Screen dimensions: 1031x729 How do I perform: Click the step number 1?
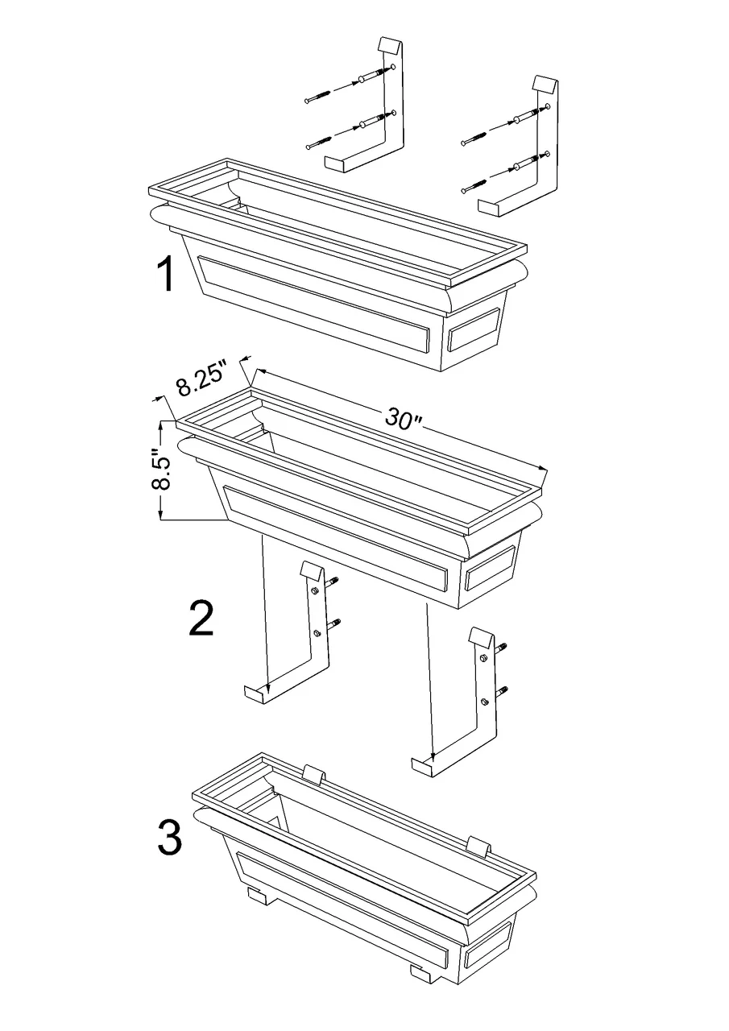[x=164, y=275]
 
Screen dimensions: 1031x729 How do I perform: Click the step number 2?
[x=201, y=618]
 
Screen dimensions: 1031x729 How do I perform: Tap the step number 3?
[x=169, y=838]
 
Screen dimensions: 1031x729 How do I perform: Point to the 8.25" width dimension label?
[x=202, y=379]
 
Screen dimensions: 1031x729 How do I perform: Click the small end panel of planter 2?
[x=491, y=569]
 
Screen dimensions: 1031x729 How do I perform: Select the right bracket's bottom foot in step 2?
[x=426, y=766]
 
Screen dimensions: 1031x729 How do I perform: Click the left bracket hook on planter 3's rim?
[x=314, y=775]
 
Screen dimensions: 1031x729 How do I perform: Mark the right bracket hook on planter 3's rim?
[x=481, y=845]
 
